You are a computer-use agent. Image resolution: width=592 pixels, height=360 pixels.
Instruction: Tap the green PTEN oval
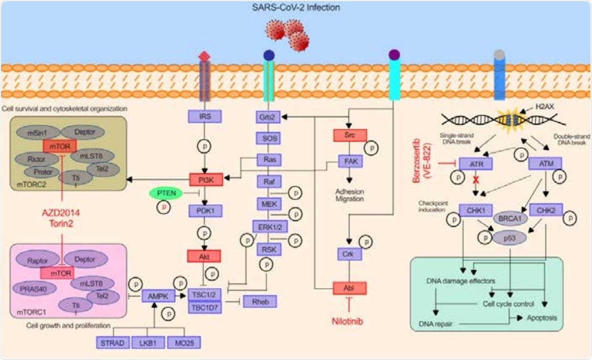tap(166, 193)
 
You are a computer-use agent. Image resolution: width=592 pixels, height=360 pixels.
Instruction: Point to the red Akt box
tap(204, 256)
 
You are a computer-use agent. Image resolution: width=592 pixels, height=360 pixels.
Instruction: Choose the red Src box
tap(351, 136)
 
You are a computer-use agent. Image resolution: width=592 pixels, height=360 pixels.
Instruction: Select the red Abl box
tap(350, 288)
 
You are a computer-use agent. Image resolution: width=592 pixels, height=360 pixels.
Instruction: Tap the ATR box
tap(476, 164)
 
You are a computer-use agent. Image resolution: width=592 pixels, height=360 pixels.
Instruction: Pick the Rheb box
tap(260, 301)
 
